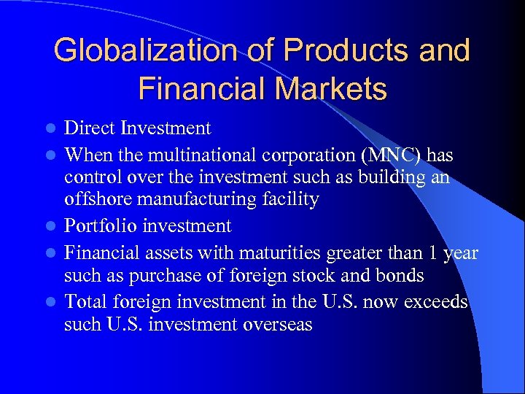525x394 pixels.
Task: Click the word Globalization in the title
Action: (x=143, y=50)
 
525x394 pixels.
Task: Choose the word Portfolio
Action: (x=101, y=226)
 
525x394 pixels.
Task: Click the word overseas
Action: (x=273, y=325)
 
